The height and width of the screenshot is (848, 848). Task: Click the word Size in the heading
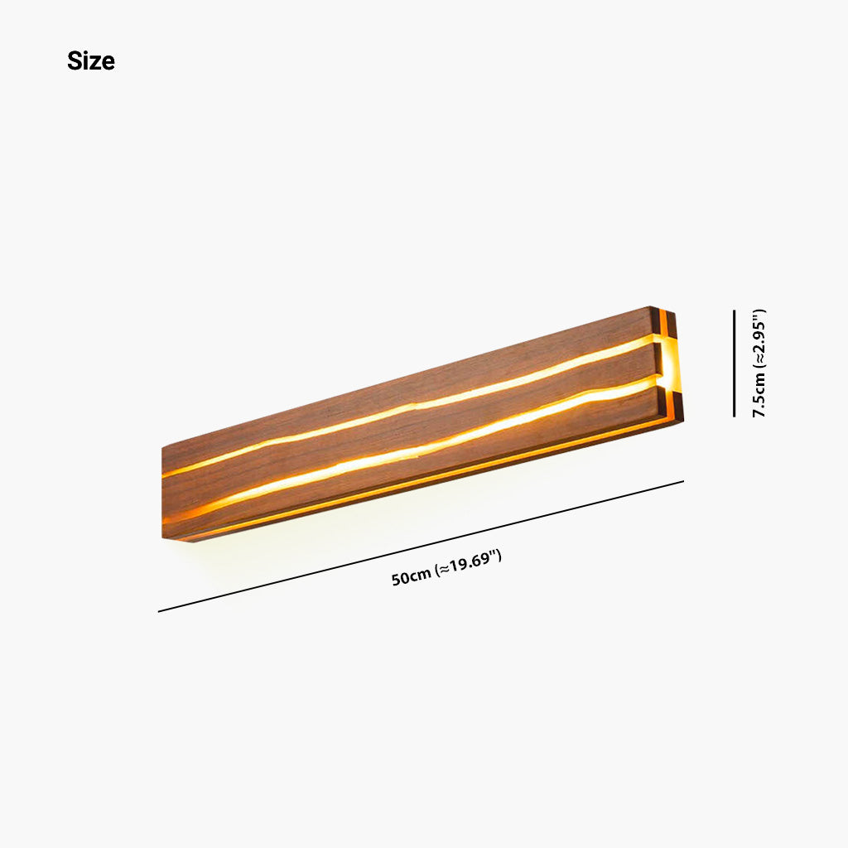[x=91, y=61]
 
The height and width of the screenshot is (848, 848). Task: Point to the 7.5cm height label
[x=759, y=396]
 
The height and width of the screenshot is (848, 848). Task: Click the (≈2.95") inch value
[x=759, y=339]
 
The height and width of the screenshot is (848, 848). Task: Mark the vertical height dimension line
[x=734, y=363]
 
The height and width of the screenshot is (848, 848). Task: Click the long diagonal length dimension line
[x=421, y=547]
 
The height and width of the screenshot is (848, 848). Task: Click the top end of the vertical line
[x=734, y=311]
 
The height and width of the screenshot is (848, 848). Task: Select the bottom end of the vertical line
[x=734, y=416]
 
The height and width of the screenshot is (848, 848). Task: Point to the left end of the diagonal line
[x=159, y=611]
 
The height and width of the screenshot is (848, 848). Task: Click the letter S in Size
[x=74, y=61]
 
